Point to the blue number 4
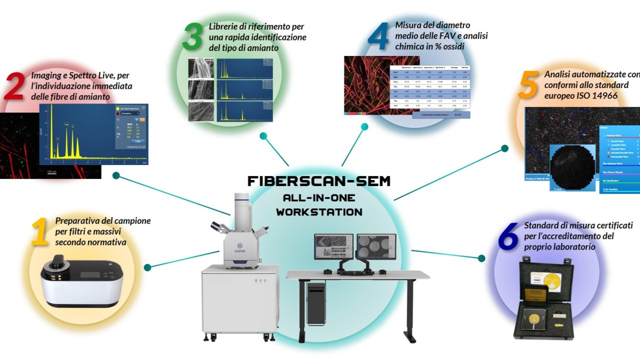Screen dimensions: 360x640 379,36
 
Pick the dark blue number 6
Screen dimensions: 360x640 508,237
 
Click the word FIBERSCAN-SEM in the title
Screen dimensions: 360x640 319,181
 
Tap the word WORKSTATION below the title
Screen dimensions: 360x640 319,212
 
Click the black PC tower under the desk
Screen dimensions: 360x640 317,303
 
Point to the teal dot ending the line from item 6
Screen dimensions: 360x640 481,258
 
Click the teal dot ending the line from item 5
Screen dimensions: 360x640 504,148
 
